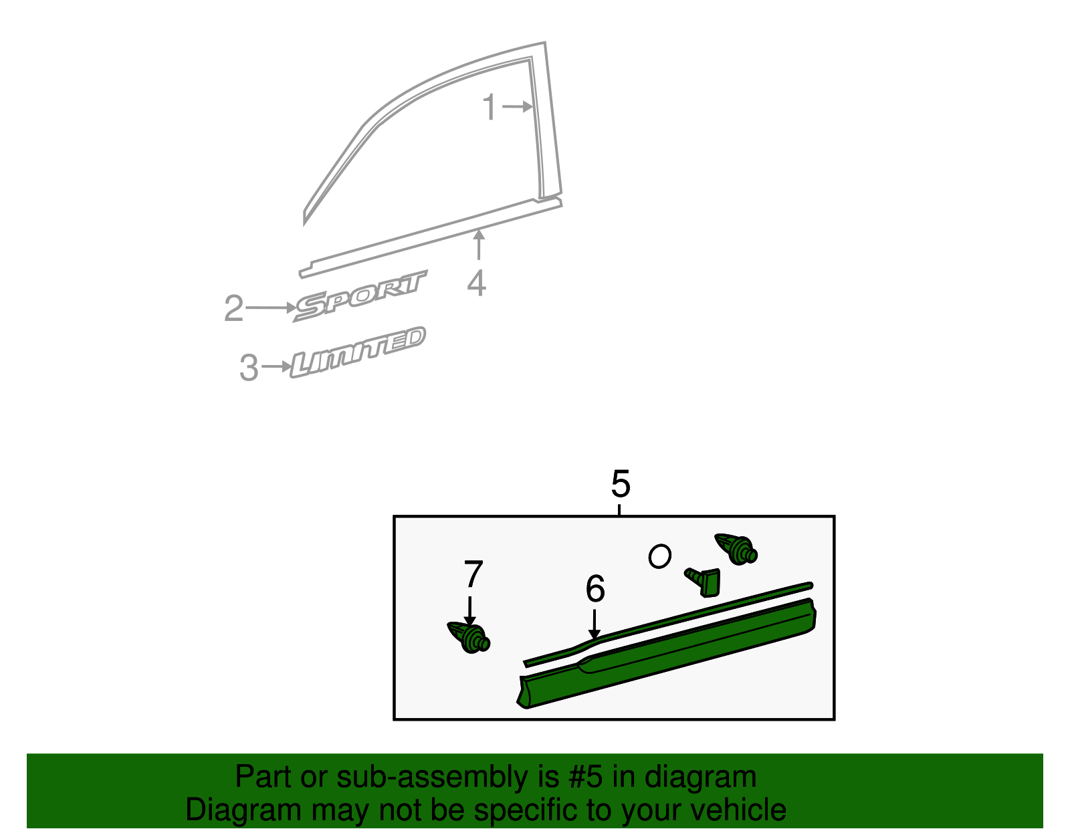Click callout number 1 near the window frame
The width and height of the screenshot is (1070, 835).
click(x=490, y=108)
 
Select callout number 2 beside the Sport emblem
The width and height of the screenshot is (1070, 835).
click(x=233, y=309)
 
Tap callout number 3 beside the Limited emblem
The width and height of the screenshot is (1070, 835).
click(x=249, y=368)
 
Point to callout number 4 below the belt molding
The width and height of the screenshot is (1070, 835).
click(x=476, y=283)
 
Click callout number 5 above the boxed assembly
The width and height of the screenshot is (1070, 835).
click(x=621, y=484)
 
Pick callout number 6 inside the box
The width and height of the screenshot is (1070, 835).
click(x=595, y=589)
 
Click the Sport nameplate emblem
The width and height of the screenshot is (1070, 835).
click(x=360, y=295)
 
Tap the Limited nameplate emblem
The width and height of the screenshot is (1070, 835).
click(x=358, y=352)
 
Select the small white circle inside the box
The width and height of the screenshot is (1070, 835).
click(x=659, y=556)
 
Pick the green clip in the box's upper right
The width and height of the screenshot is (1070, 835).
click(x=736, y=549)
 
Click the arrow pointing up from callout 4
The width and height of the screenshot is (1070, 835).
click(x=479, y=244)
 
